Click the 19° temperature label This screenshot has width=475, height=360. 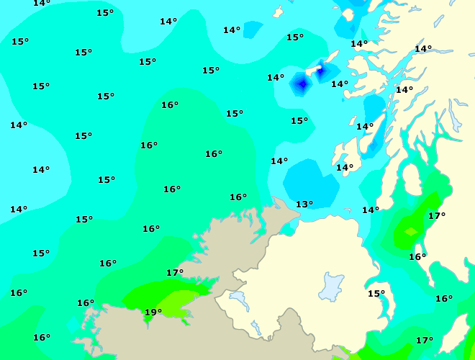(153, 312)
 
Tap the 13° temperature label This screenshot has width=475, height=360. (304, 204)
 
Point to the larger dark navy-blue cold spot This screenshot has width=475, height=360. (302, 85)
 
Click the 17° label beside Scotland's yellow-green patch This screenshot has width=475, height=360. (437, 216)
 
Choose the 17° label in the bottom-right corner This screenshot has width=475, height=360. (425, 341)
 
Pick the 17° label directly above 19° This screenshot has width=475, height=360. (175, 273)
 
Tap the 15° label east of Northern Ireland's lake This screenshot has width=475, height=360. (376, 294)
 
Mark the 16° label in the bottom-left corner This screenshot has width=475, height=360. (42, 338)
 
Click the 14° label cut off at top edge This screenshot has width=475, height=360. (42, 3)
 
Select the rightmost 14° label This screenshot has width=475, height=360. (423, 49)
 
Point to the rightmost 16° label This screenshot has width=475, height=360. (444, 299)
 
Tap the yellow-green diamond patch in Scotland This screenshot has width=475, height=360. (410, 232)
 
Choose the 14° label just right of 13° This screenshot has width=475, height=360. (371, 210)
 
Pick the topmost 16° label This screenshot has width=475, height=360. (170, 105)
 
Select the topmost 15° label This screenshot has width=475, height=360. (105, 13)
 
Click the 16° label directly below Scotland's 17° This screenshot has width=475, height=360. (417, 257)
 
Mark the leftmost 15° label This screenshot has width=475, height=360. (20, 42)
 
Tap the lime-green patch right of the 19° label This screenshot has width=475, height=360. (180, 297)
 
